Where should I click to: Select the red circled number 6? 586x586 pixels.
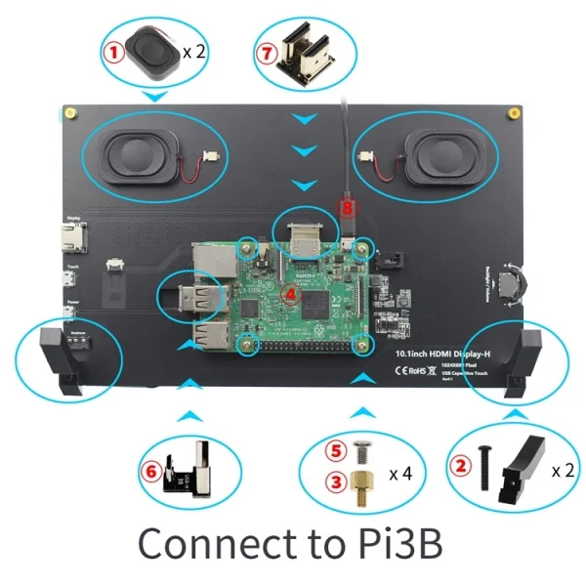point(152,470)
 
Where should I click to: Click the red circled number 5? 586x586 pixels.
point(336,452)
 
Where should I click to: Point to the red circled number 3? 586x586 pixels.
point(336,481)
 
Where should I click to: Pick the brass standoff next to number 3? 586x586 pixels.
point(363,485)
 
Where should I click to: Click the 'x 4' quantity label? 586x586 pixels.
point(399,474)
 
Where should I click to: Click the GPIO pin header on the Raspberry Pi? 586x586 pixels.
point(304,345)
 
